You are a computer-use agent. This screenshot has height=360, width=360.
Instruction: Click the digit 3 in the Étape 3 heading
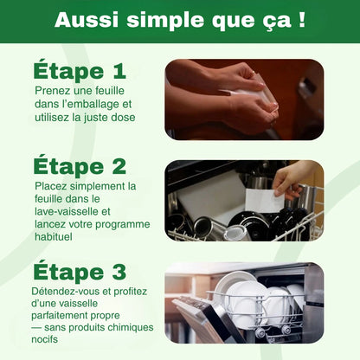point(119,273)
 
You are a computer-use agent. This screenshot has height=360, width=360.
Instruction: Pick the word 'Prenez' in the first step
point(53,90)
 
